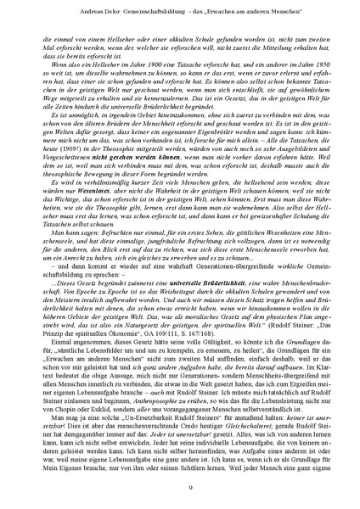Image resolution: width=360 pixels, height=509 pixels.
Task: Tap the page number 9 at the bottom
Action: (x=179, y=486)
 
